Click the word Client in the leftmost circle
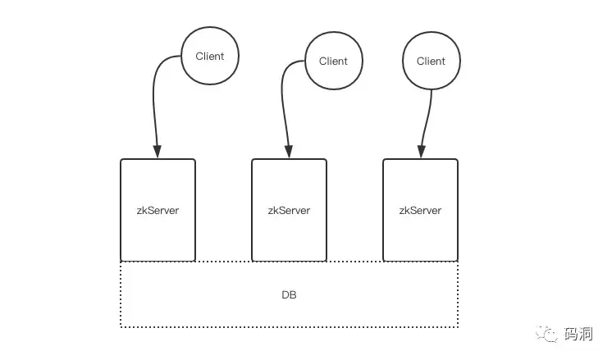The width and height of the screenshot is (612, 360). click(210, 56)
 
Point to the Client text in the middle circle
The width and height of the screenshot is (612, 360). click(333, 62)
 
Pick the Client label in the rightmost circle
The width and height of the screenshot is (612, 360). click(431, 62)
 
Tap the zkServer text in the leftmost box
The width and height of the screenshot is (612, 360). click(158, 211)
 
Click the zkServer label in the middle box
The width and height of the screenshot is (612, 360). click(290, 211)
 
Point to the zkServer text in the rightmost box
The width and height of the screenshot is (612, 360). click(420, 211)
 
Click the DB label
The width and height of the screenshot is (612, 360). click(290, 295)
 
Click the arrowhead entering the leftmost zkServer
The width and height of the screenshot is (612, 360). click(158, 152)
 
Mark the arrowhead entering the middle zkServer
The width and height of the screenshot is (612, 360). click(289, 152)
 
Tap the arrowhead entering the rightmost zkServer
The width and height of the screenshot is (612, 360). click(421, 152)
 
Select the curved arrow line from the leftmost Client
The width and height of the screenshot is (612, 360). click(153, 98)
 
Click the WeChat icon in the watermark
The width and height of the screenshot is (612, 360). click(547, 335)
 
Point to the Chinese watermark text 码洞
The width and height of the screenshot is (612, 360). click(578, 334)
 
